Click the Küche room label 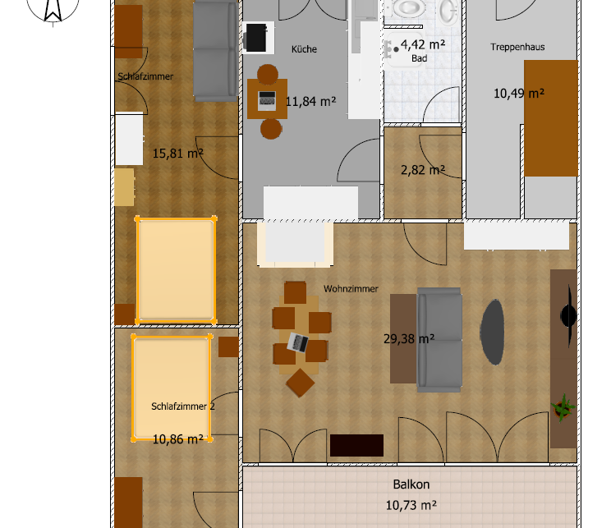point(304,49)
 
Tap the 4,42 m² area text point(423,45)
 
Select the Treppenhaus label point(517,47)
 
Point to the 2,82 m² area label point(423,170)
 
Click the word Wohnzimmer point(351,289)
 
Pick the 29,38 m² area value point(409,338)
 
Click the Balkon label point(411,484)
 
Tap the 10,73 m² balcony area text point(411,505)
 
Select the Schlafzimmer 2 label point(183,406)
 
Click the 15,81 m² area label point(177,153)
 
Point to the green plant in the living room point(563,407)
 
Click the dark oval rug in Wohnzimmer point(492,332)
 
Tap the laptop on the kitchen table point(267,100)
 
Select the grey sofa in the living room point(439,339)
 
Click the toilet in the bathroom point(408,7)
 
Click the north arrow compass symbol point(53,9)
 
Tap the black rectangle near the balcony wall point(356,445)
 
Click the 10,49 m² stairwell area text point(519,94)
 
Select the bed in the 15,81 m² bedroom point(176,270)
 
